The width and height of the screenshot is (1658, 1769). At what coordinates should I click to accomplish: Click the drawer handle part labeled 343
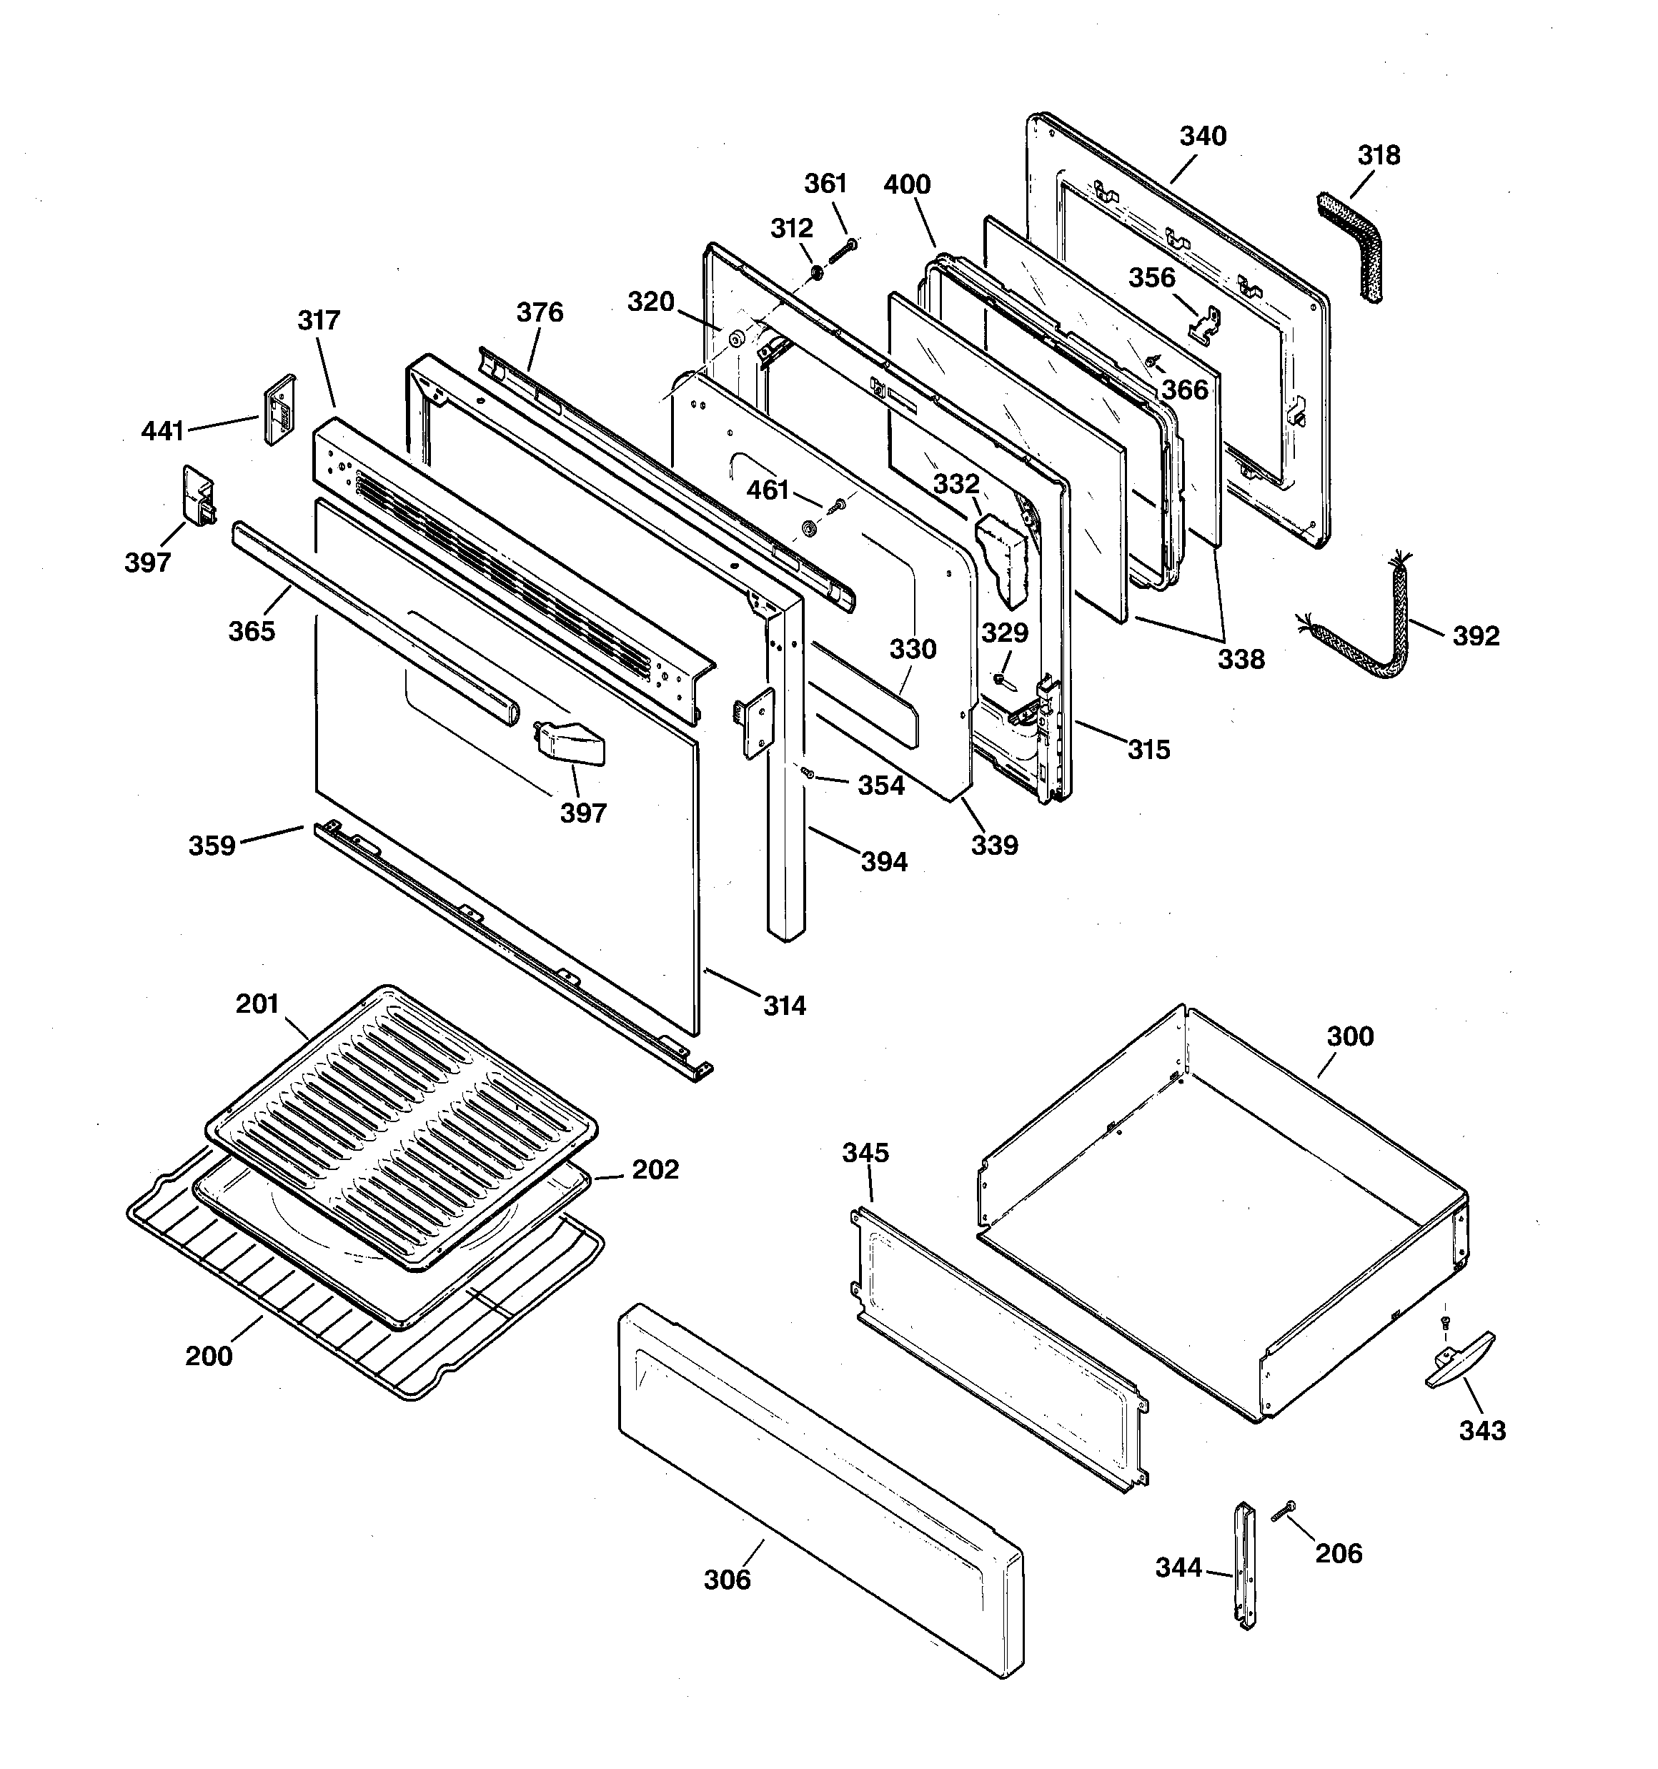click(1461, 1359)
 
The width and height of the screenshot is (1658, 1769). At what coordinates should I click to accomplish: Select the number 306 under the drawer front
click(727, 1580)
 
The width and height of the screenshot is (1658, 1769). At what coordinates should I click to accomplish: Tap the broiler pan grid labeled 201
click(400, 1126)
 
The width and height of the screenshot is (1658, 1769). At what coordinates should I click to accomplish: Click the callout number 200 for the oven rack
click(208, 1355)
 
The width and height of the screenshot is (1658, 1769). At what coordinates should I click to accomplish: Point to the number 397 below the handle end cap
click(583, 813)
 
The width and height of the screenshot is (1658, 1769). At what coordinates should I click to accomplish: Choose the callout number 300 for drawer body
click(1349, 1036)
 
